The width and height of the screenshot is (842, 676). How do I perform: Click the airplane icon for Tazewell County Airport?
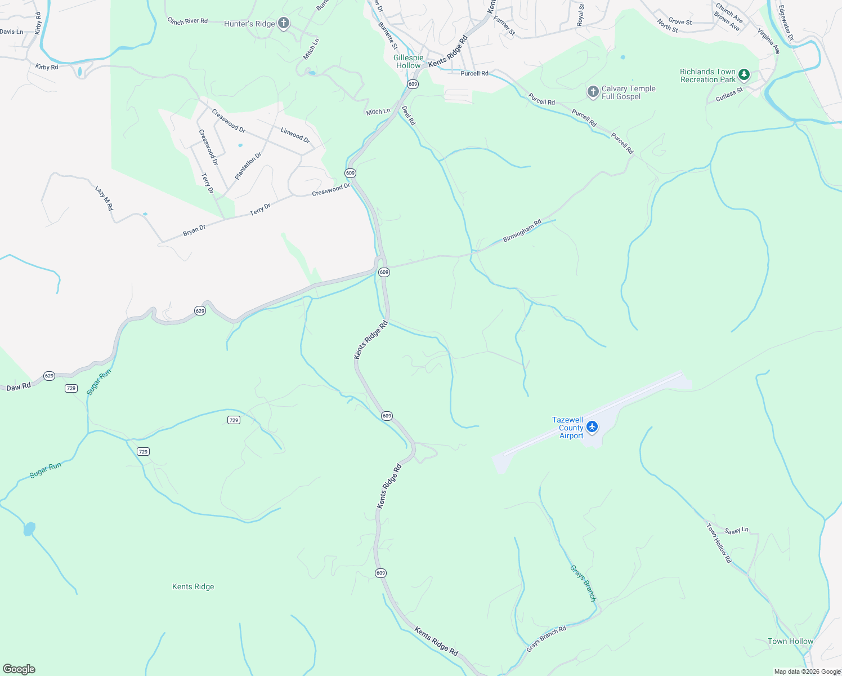592,427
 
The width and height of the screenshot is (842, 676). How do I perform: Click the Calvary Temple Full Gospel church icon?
592,92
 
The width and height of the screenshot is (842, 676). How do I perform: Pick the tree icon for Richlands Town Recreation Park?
744,74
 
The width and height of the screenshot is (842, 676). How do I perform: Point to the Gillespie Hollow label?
408,62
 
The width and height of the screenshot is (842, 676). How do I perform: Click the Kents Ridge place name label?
193,586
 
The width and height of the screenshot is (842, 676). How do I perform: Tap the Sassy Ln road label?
736,531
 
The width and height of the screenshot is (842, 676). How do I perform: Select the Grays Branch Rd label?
546,639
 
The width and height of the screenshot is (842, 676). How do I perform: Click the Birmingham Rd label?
522,231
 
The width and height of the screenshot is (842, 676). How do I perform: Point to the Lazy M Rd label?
104,198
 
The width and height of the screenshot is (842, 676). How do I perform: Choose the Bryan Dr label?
194,230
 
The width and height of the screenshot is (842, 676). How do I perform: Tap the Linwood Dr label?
295,135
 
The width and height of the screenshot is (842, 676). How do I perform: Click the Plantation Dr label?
248,166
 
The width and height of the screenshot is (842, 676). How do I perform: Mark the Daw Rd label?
18,387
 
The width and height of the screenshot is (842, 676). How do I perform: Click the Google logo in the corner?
18,669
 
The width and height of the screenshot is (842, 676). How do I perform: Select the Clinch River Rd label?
187,21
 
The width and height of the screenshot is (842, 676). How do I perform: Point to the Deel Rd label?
408,115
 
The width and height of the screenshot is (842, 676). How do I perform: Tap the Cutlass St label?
729,95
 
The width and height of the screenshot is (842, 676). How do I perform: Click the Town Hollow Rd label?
719,543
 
